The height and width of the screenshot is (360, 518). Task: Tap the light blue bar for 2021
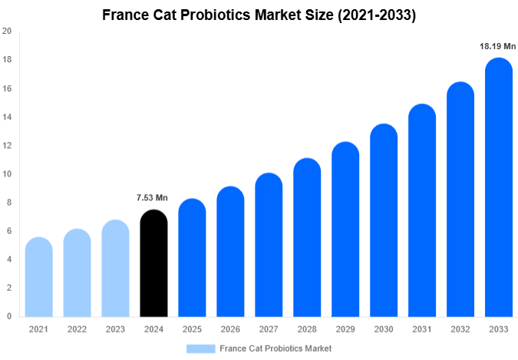click(38, 277)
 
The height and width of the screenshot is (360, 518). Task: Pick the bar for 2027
click(269, 245)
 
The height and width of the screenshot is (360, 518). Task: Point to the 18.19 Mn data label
click(498, 47)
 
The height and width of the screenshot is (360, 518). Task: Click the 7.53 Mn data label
click(153, 198)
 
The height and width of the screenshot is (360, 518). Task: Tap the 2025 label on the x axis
click(192, 329)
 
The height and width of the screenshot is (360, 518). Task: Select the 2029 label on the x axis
click(345, 329)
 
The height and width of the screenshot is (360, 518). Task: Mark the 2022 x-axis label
click(77, 329)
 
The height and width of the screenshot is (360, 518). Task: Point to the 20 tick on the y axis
click(7, 31)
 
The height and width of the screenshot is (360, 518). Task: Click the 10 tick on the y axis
click(7, 174)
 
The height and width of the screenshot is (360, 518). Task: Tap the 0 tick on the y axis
click(8, 316)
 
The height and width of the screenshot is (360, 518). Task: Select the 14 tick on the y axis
click(7, 117)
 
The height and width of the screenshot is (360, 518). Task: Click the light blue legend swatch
click(200, 348)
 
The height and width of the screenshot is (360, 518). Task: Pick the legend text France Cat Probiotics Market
click(275, 348)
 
